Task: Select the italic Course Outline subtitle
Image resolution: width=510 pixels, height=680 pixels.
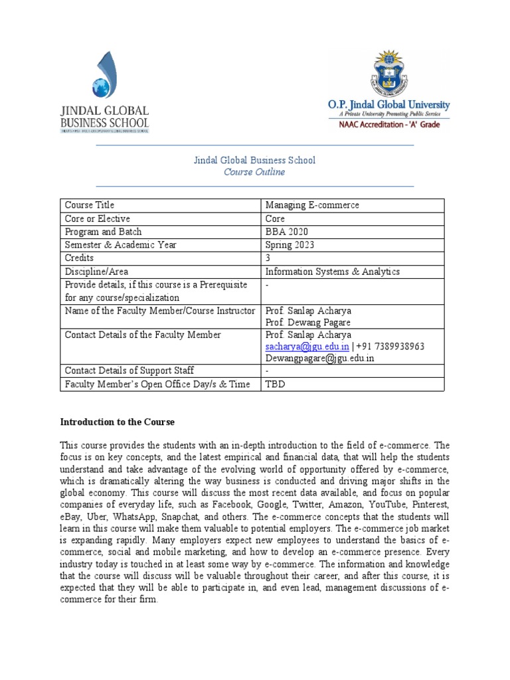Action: (x=254, y=173)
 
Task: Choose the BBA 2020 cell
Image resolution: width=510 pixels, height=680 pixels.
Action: (x=286, y=232)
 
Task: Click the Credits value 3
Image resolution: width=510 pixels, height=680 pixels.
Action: (x=268, y=258)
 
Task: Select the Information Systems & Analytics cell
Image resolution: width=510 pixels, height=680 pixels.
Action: (x=332, y=272)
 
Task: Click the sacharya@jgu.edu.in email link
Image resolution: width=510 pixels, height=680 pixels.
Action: (x=307, y=347)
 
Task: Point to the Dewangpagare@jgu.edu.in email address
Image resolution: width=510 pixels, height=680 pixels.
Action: (x=319, y=358)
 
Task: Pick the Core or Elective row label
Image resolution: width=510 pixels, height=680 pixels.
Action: (x=96, y=218)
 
